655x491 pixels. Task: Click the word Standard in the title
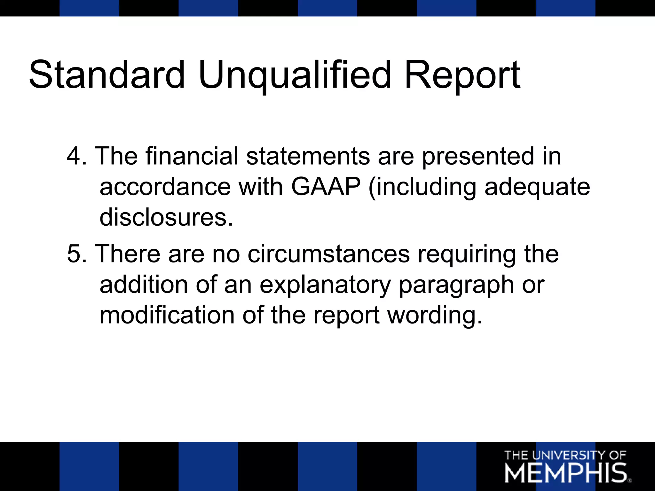(x=107, y=75)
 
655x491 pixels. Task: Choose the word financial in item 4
(x=192, y=156)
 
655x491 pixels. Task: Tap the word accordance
(x=165, y=187)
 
